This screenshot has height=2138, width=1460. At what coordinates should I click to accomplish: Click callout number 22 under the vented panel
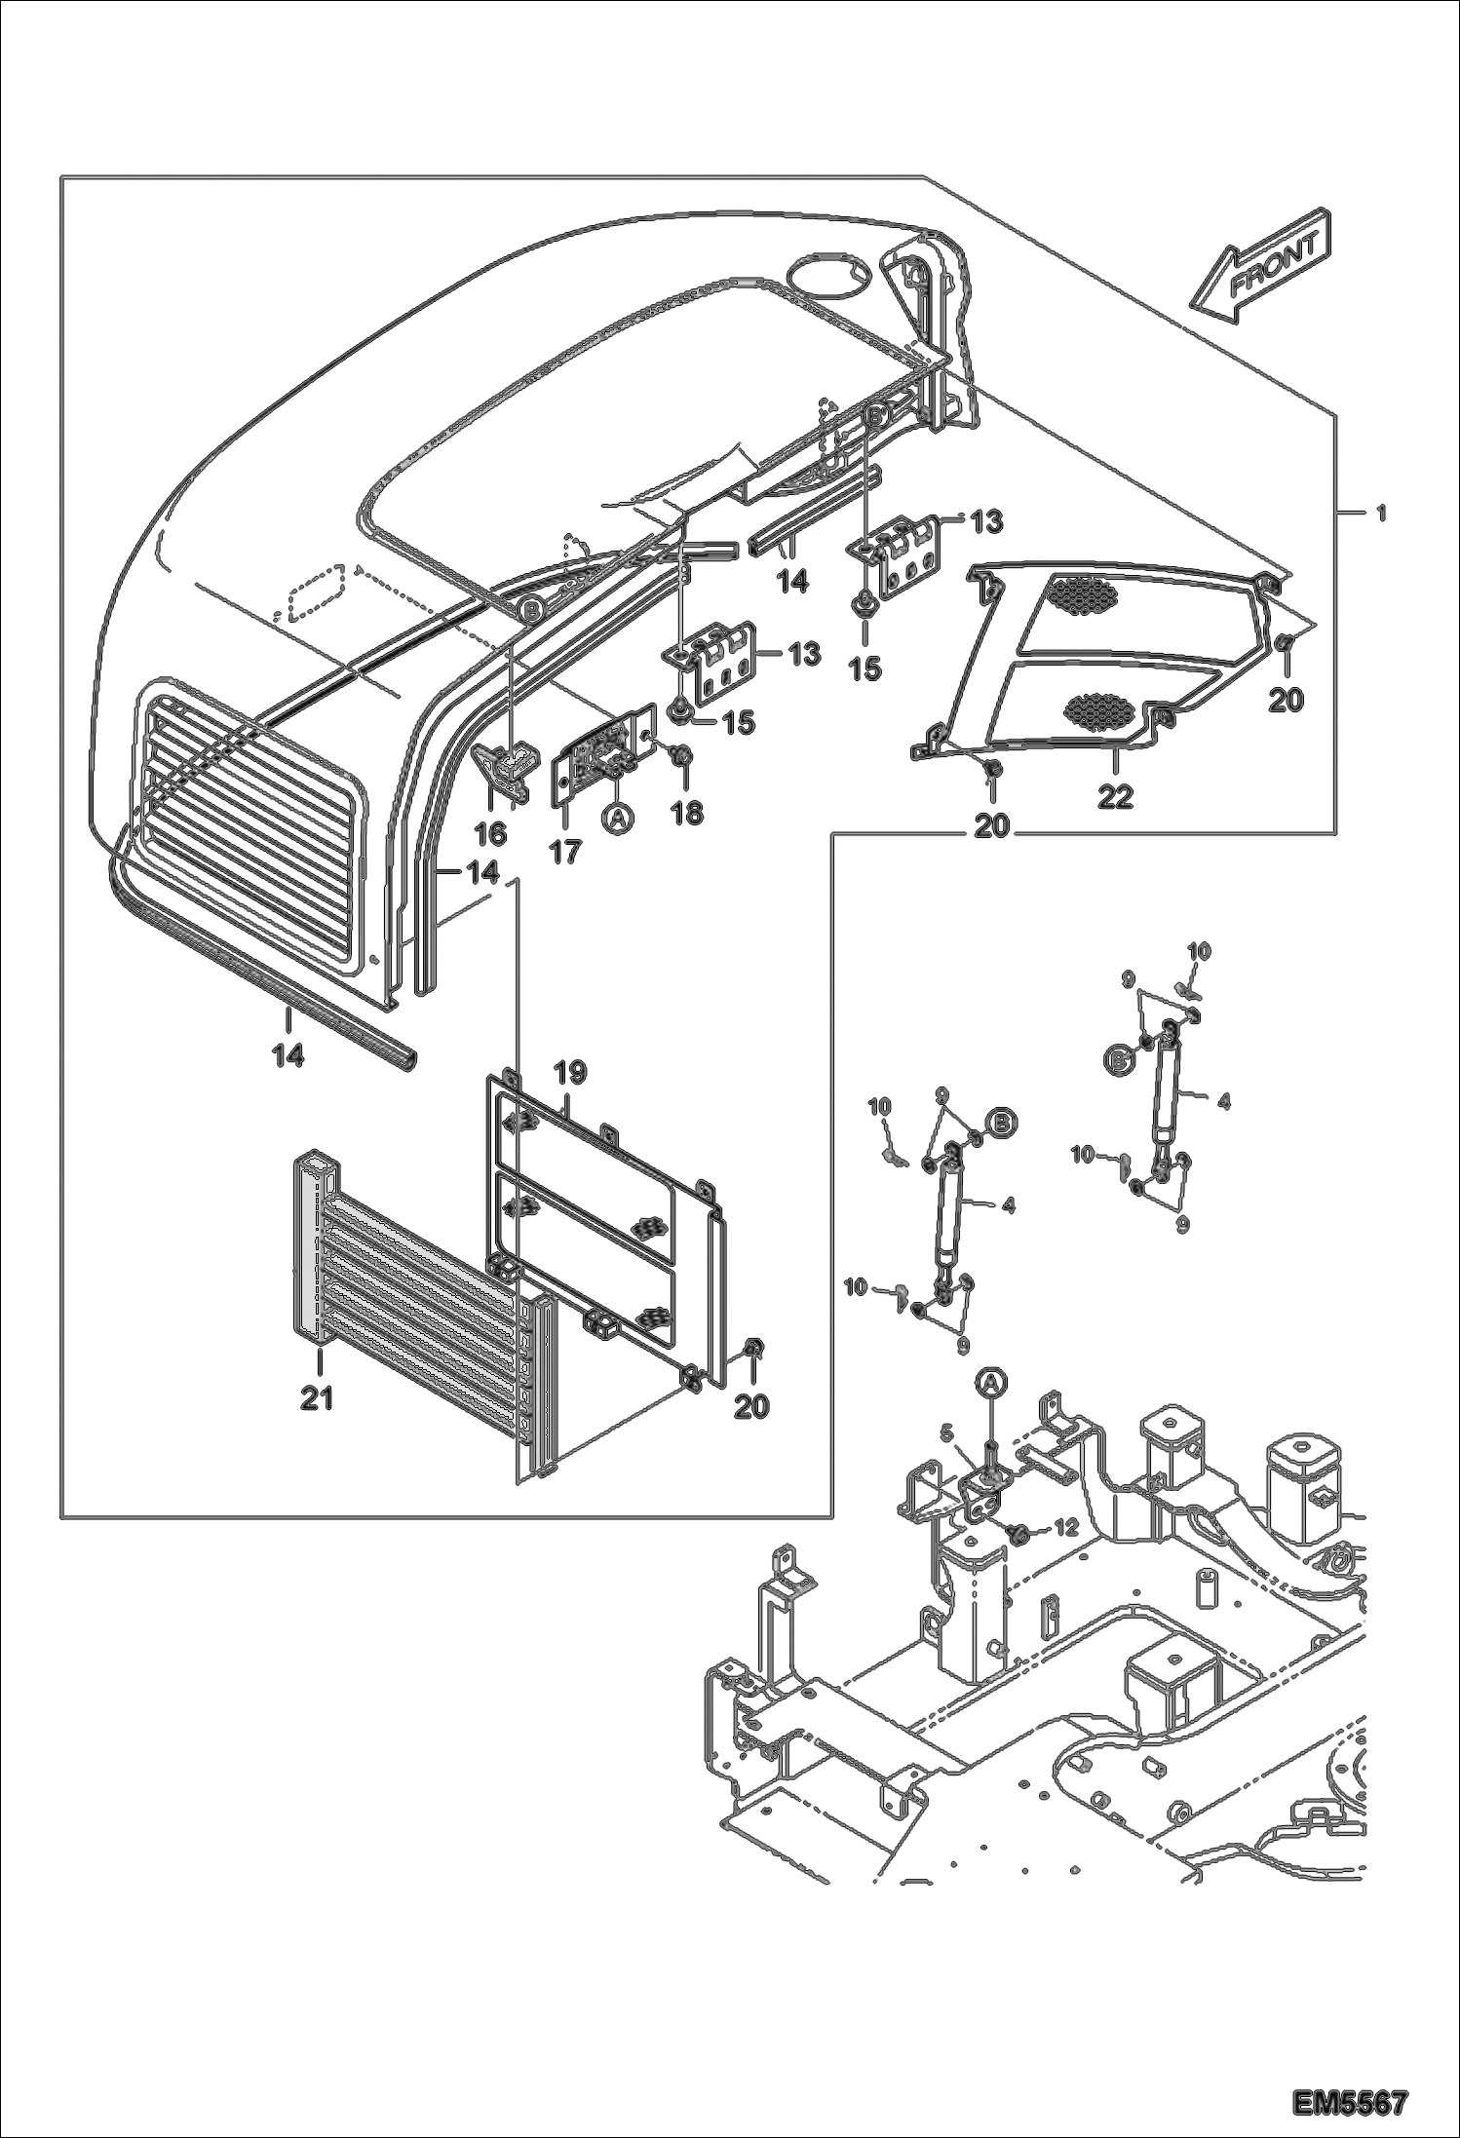[x=1115, y=797]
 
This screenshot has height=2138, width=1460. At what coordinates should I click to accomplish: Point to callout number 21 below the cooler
[x=317, y=1399]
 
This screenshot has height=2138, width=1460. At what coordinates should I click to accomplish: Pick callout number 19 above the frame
[x=571, y=1074]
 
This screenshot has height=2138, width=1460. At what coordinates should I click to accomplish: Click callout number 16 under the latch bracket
[x=490, y=832]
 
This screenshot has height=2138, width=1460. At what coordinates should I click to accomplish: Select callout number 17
[x=564, y=851]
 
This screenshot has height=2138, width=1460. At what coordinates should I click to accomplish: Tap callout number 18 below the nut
[x=687, y=812]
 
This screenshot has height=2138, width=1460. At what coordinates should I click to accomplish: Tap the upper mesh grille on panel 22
[x=1083, y=595]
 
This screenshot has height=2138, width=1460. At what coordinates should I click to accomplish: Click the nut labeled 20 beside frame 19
[x=752, y=1348]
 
